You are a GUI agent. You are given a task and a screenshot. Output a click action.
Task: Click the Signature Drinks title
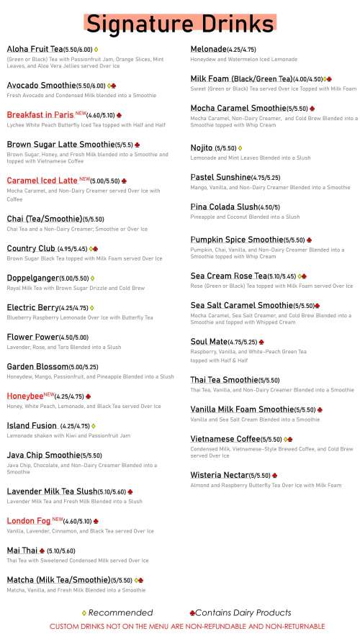pos(179,23)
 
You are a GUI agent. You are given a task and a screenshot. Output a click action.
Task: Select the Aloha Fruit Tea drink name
pos(35,49)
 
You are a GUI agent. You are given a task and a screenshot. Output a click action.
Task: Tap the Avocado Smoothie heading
pos(40,85)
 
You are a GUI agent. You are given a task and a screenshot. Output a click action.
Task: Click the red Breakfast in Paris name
pos(41,114)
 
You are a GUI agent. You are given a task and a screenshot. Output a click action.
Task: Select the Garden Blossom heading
pos(36,366)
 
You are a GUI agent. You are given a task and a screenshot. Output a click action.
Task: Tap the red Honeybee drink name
pos(24,396)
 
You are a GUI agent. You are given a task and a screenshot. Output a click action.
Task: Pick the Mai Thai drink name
pos(22,550)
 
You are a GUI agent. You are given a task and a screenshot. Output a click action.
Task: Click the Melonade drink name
pos(207,49)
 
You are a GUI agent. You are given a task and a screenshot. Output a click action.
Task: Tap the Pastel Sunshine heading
pos(220,177)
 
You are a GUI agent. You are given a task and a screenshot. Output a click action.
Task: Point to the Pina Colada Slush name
pos(224,207)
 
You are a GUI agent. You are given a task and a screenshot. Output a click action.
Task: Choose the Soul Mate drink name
pos(208,342)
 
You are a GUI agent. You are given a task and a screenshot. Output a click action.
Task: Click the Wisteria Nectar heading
pos(219,475)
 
